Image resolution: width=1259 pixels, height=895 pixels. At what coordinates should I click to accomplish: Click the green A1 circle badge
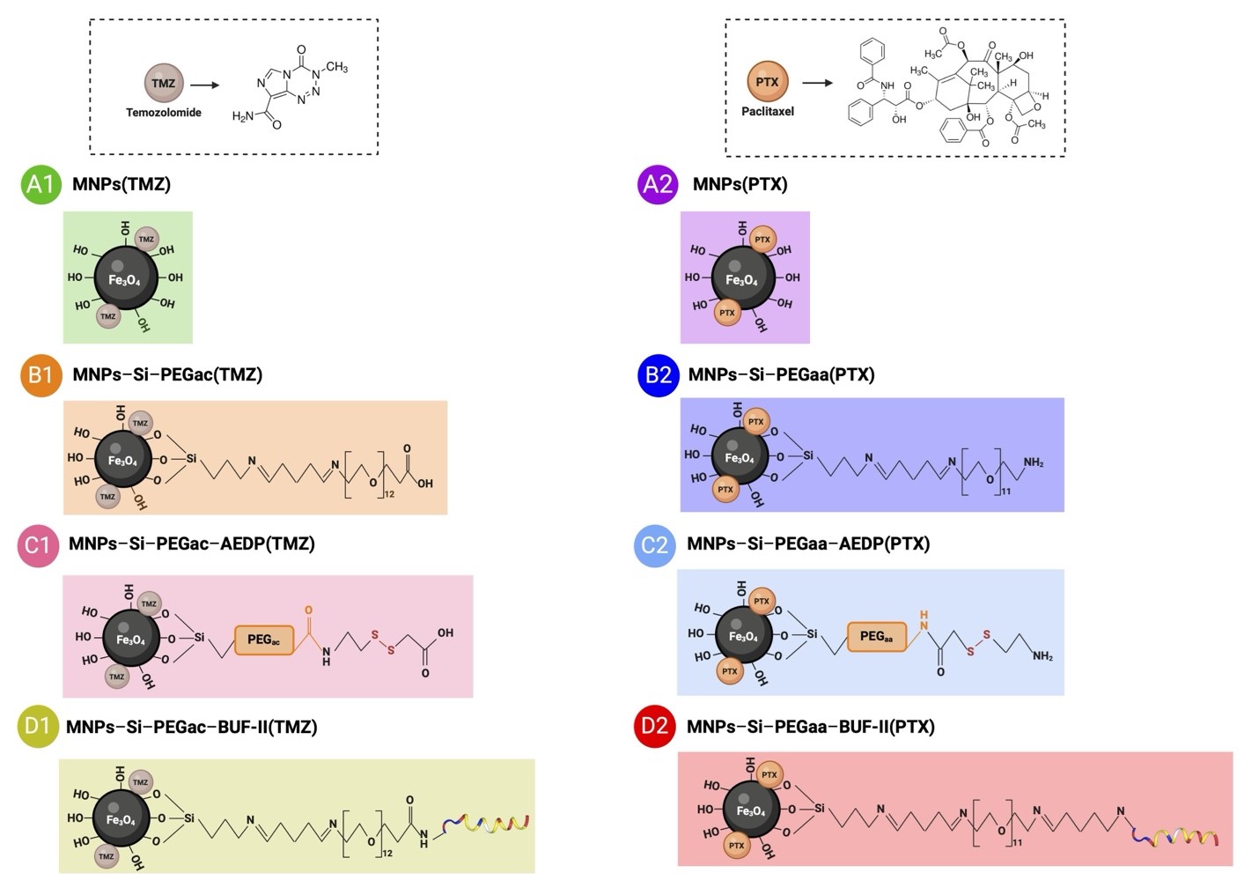click(x=40, y=184)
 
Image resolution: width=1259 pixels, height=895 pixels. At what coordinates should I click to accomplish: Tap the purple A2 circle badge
click(x=658, y=184)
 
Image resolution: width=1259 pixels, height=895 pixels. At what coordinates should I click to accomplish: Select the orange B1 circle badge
click(x=40, y=375)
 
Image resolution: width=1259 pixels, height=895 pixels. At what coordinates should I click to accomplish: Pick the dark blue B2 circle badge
click(x=658, y=375)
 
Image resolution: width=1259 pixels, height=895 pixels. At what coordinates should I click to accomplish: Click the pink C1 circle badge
click(x=38, y=545)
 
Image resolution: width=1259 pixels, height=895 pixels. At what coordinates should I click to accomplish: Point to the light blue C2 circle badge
click(x=654, y=545)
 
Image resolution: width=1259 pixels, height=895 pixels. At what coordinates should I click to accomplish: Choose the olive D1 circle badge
click(x=38, y=727)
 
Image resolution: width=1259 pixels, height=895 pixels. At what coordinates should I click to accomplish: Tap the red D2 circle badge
click(x=654, y=727)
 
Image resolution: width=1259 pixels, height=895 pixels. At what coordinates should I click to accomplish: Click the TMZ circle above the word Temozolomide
click(x=164, y=84)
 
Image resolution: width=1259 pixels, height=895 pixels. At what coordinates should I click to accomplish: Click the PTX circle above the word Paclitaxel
click(x=767, y=82)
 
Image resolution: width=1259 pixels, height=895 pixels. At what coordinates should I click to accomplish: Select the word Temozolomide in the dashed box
click(x=164, y=113)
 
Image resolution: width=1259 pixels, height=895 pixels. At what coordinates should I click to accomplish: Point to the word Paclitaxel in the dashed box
click(x=767, y=112)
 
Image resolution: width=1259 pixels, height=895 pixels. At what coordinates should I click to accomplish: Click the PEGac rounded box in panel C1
click(x=263, y=640)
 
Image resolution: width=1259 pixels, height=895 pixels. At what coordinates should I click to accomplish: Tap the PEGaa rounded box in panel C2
click(x=876, y=637)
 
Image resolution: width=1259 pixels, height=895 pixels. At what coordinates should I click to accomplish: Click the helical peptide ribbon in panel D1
click(x=487, y=825)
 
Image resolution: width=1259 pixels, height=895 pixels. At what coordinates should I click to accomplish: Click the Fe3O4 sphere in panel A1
click(x=125, y=278)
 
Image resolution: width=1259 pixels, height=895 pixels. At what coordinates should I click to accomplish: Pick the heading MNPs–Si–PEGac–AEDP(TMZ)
click(x=192, y=544)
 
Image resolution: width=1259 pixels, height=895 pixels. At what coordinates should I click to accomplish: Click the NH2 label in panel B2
click(x=1033, y=463)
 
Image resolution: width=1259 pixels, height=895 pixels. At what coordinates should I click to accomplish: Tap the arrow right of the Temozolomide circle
click(x=205, y=85)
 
